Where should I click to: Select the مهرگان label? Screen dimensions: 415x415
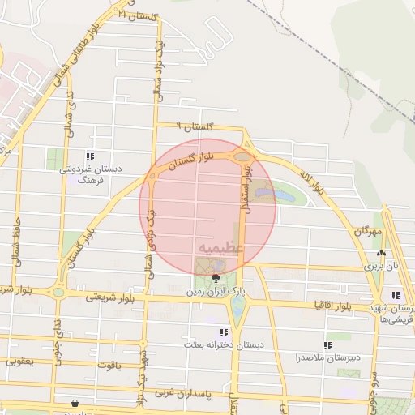point(366,231)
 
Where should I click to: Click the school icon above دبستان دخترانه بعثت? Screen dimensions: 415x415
point(223,332)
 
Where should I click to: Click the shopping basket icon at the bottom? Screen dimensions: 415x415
point(75,403)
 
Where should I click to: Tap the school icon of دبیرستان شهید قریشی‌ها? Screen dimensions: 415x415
point(395,296)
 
